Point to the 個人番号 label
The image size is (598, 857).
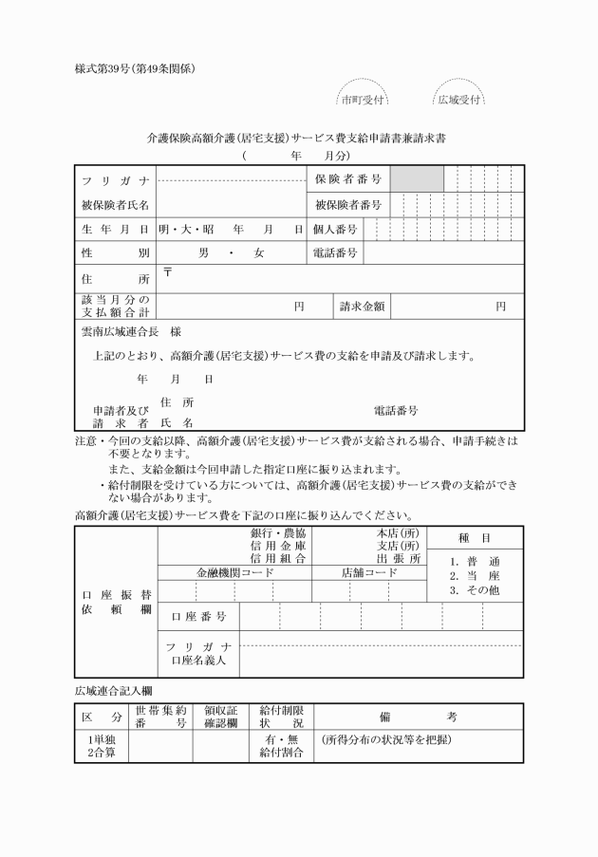335,229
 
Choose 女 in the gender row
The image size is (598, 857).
258,253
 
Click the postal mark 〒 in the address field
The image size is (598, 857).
167,272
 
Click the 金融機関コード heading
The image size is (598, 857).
234,573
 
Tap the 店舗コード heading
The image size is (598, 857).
369,573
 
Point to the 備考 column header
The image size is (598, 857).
417,716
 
